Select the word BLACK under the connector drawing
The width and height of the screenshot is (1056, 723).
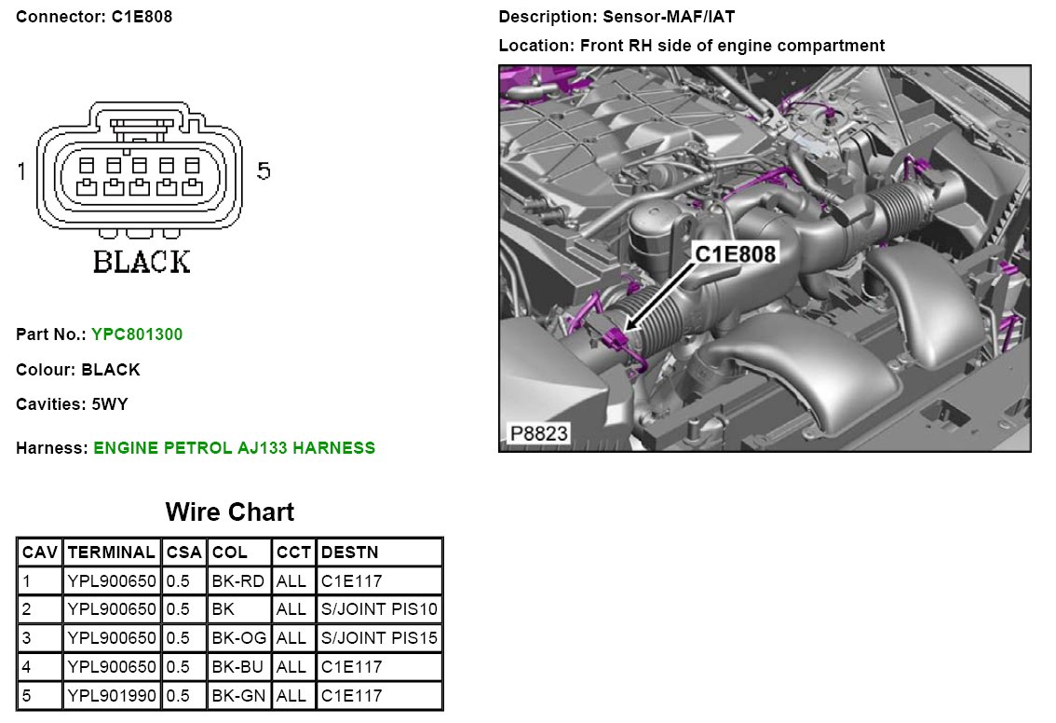[142, 263]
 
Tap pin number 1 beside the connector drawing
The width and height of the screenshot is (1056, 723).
[21, 171]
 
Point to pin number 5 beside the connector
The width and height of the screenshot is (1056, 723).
[264, 171]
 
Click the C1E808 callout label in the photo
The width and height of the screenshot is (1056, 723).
[736, 252]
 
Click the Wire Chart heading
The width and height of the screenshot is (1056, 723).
[229, 512]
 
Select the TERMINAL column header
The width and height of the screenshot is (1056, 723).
[112, 552]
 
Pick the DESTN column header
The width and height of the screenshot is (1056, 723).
[349, 552]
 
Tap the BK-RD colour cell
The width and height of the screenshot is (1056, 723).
[238, 581]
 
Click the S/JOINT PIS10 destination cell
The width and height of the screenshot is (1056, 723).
[379, 609]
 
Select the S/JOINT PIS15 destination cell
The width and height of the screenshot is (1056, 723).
[379, 638]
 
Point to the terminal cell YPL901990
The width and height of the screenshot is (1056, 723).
[112, 695]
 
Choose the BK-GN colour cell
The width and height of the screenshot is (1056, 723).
[239, 695]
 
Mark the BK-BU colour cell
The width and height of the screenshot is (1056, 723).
[238, 666]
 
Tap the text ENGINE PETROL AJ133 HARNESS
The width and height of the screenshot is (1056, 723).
[235, 448]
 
